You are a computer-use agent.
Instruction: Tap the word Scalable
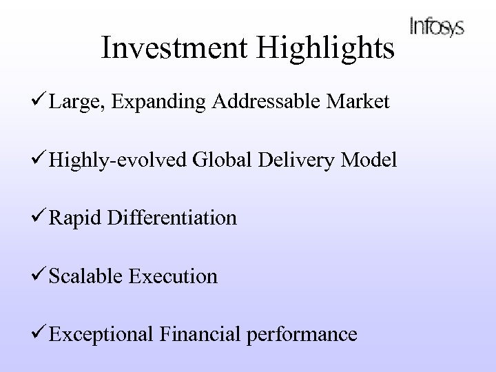96,276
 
